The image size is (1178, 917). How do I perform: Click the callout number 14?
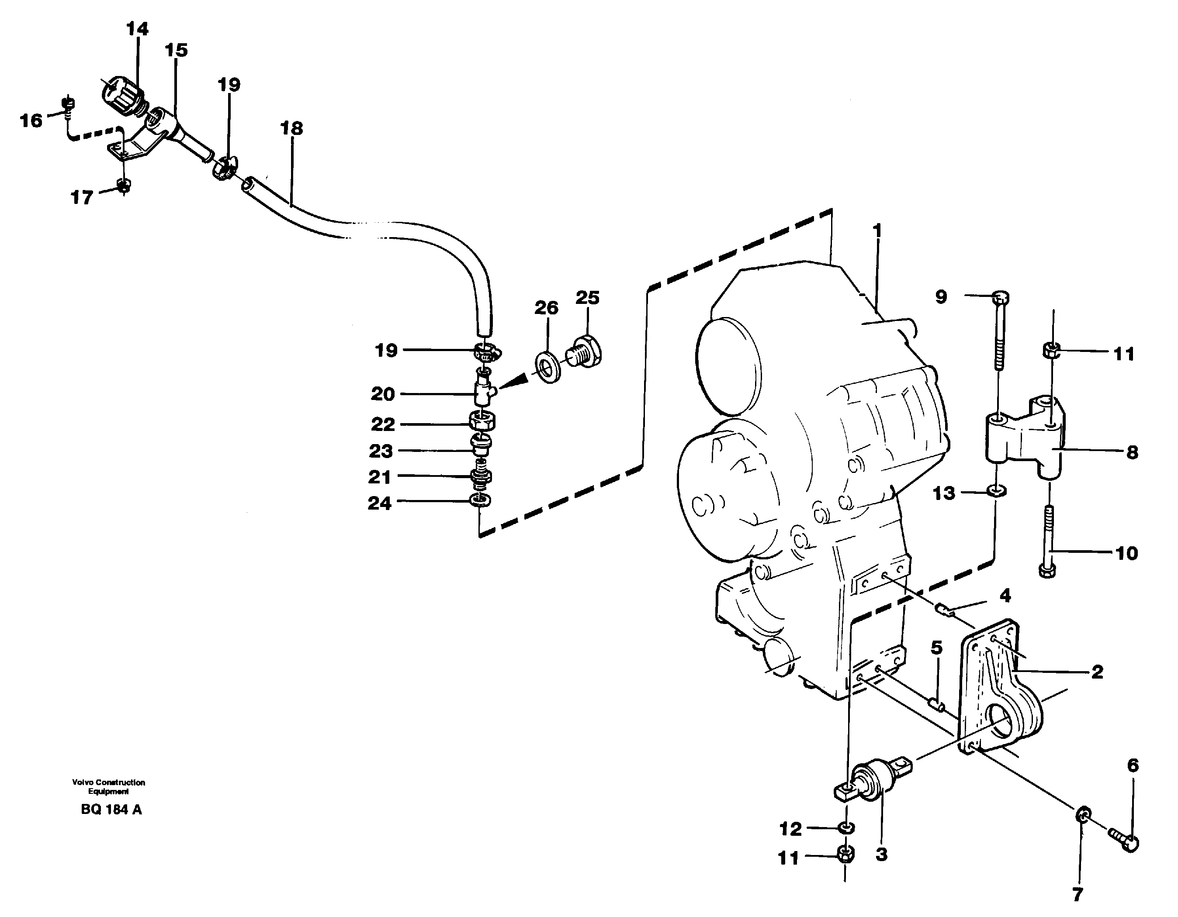click(x=137, y=28)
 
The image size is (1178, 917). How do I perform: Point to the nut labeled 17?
click(x=124, y=187)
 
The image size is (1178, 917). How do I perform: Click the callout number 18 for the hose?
click(x=291, y=128)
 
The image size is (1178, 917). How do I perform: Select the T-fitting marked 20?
click(x=483, y=393)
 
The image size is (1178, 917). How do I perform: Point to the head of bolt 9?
click(x=1001, y=297)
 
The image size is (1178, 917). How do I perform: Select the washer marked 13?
click(x=997, y=491)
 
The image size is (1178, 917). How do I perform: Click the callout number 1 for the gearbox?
click(x=877, y=230)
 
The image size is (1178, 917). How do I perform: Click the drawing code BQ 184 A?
click(x=111, y=809)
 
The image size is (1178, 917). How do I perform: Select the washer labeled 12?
click(x=846, y=827)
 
